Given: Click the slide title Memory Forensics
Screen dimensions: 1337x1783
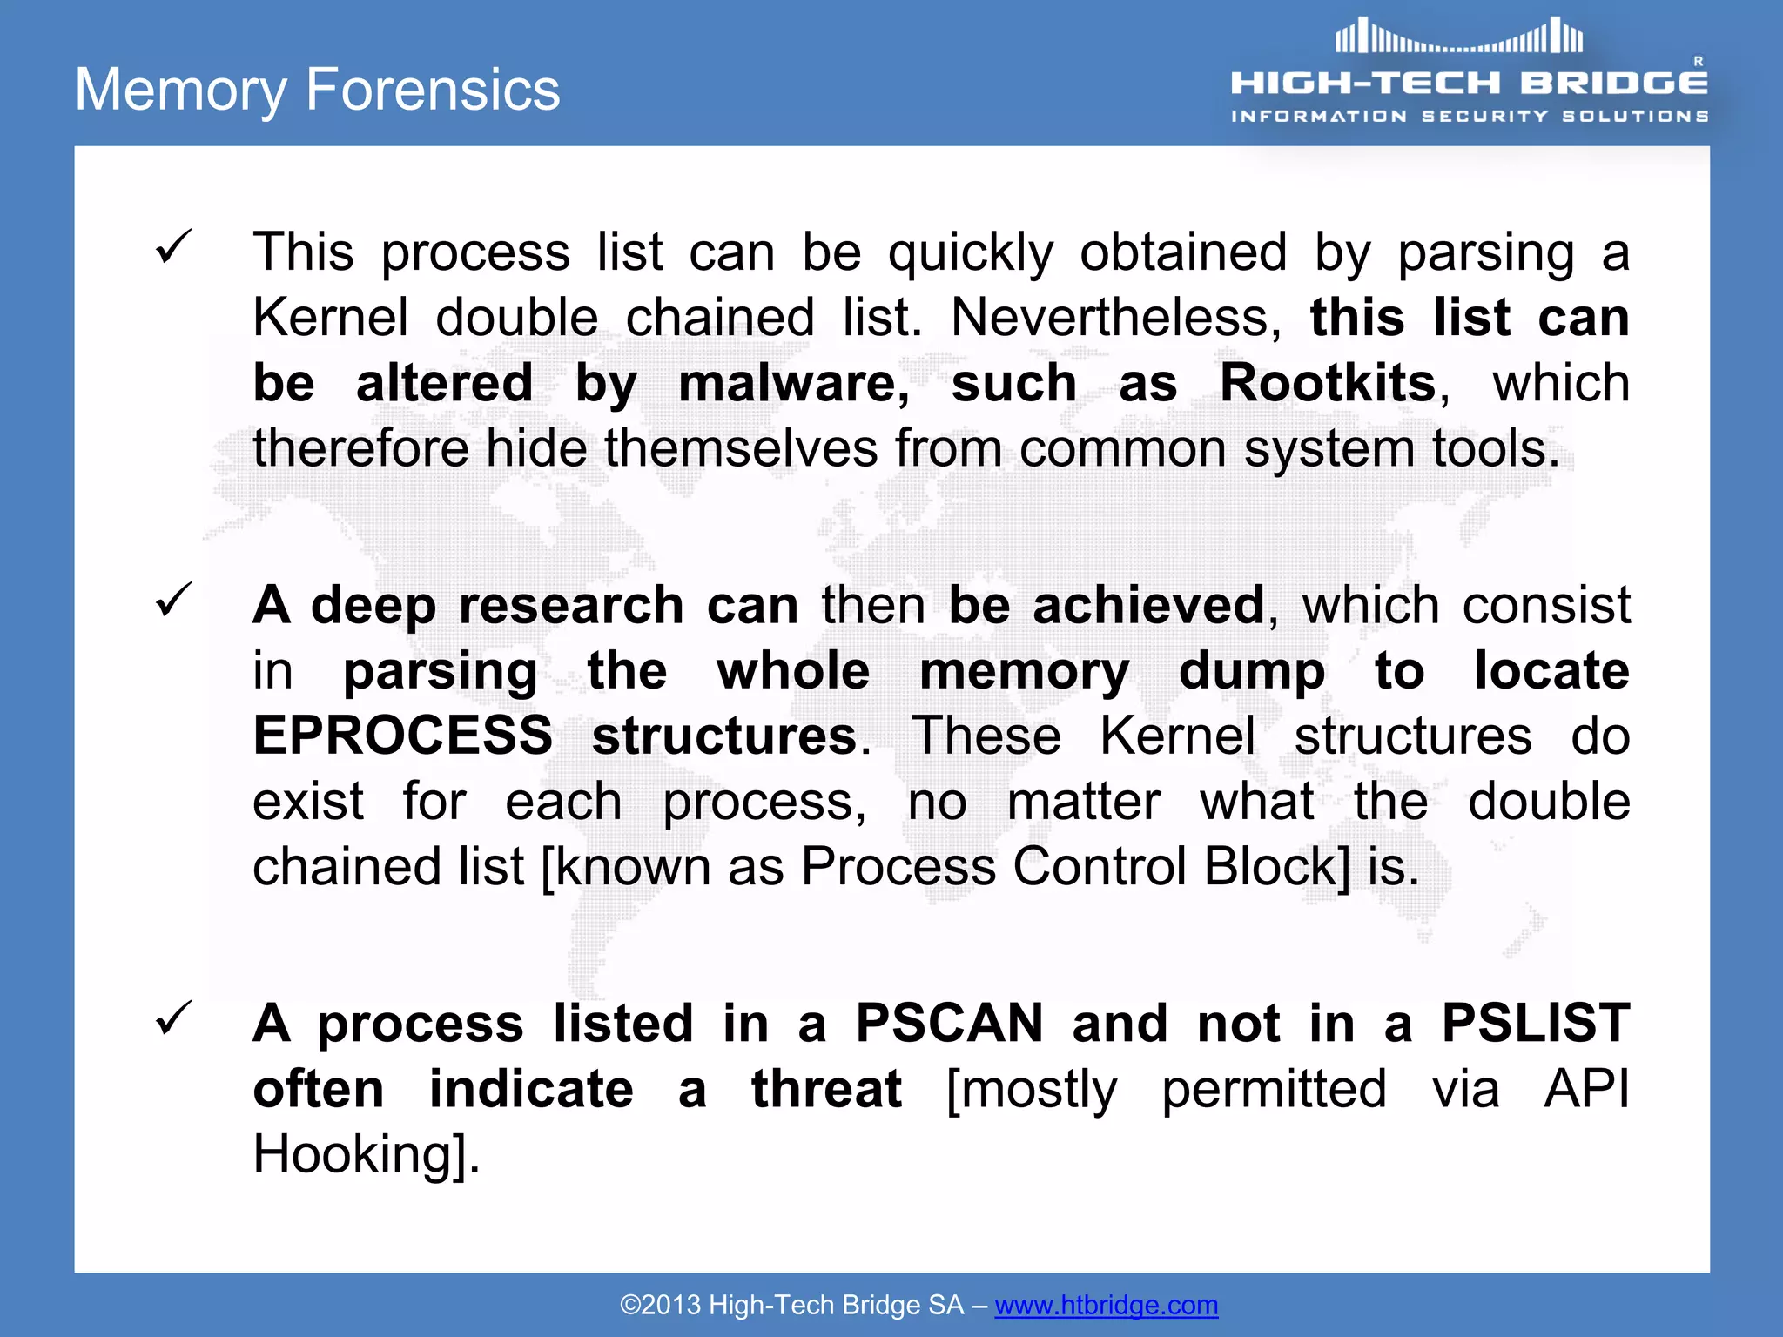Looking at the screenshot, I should click(318, 90).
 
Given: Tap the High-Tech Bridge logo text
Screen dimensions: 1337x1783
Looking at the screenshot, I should click(1469, 84).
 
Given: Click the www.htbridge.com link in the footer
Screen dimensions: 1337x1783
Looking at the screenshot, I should click(1106, 1305).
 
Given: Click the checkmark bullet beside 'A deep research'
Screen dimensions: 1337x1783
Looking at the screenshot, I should click(173, 600).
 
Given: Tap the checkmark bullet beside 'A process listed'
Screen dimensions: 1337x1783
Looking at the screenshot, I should click(173, 1018).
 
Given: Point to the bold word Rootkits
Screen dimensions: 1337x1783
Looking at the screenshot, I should click(1327, 383).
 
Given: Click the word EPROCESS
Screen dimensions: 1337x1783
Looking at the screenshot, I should click(402, 736).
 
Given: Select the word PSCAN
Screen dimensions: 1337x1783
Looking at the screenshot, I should click(949, 1023).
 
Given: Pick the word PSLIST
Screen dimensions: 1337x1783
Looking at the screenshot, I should click(1535, 1023).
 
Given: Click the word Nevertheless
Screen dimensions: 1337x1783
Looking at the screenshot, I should click(1115, 318).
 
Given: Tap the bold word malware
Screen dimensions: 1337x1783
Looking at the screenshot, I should click(792, 383).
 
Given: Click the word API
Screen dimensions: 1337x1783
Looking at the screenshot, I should click(1585, 1089).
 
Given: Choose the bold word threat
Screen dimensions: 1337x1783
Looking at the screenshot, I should click(826, 1089).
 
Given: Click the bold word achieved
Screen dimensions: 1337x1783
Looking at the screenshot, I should click(1147, 605).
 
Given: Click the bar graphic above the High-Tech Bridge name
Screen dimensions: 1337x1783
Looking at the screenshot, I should click(1458, 37).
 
